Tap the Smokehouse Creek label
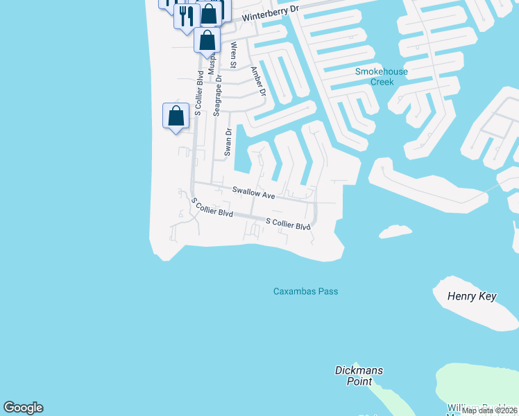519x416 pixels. pyautogui.click(x=381, y=76)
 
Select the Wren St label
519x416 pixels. pyautogui.click(x=234, y=55)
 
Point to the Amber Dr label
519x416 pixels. pyautogui.click(x=258, y=80)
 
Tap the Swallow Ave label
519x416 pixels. pyautogui.click(x=253, y=193)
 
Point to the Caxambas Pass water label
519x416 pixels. pyautogui.click(x=305, y=291)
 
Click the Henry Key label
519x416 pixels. pyautogui.click(x=473, y=297)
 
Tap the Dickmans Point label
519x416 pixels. pyautogui.click(x=358, y=376)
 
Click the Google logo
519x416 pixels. pyautogui.click(x=23, y=408)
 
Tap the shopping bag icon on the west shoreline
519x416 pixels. pyautogui.click(x=176, y=115)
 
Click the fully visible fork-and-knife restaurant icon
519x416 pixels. pyautogui.click(x=186, y=16)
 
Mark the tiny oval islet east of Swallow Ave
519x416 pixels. pyautogui.click(x=395, y=231)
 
